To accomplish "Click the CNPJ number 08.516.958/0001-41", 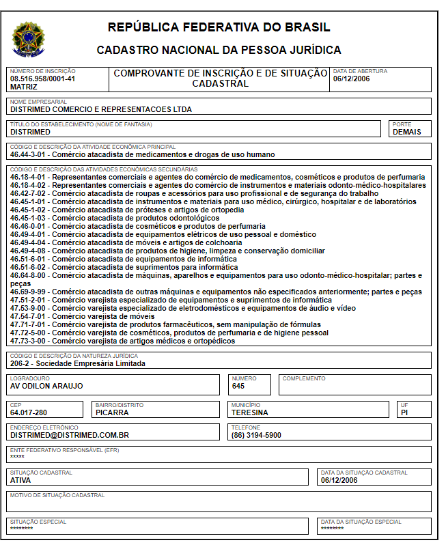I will coord(42,79).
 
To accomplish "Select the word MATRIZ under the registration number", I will coord(24,87).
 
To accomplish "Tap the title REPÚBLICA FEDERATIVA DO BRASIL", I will coord(219,27).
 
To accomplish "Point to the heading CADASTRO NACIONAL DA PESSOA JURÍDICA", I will coord(219,50).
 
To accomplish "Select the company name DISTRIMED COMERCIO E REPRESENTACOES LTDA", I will coord(101,109).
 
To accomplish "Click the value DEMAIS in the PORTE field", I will coord(407,132).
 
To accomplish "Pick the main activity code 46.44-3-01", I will coord(29,154).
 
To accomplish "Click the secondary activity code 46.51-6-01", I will coord(29,260).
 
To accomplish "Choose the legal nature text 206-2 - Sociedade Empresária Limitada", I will coord(78,364).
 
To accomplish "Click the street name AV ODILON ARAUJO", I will coord(46,386).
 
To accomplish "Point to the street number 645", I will coord(238,386).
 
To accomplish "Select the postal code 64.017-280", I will coord(29,412).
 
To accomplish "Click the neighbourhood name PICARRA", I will coord(112,412).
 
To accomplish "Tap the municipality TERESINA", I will coord(250,412).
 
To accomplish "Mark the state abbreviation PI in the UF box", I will coord(405,412).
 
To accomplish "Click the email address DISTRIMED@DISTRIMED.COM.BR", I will coord(70,435).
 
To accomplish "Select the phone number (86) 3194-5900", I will coord(256,435).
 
